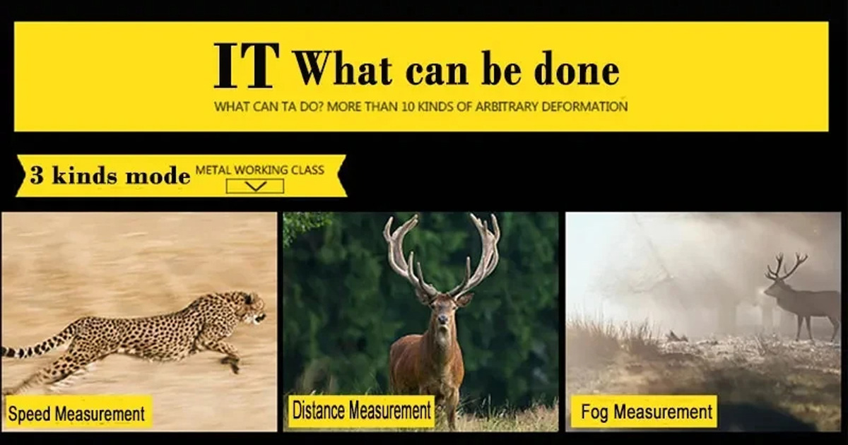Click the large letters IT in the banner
click(247, 66)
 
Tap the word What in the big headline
click(342, 69)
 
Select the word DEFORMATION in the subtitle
click(585, 107)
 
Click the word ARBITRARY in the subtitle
click(507, 107)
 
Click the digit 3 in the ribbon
click(36, 176)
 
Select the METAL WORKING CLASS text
click(260, 170)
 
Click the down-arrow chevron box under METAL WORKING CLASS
click(255, 186)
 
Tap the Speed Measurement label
click(76, 413)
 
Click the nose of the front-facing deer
click(442, 321)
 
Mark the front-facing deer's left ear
click(464, 299)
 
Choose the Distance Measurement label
click(362, 410)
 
